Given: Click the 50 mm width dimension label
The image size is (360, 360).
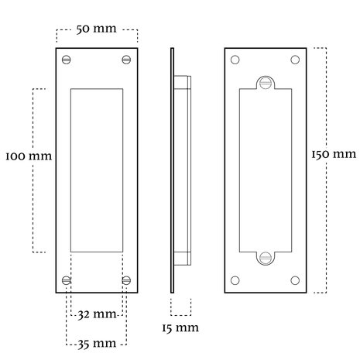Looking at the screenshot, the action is pos(97,29).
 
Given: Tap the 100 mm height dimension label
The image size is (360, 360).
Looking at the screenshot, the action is pos(29,156).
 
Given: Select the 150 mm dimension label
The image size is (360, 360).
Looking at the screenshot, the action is pos(334,154).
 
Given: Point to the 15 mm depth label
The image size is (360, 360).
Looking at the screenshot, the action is pos(180,328).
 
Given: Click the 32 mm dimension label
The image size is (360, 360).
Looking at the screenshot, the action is pos(98,314).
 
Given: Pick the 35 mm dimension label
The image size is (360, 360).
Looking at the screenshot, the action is pos(97,344).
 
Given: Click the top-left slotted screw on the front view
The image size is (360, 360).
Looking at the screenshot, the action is pos(67,60).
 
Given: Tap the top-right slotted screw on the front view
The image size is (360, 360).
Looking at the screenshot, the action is pos(126,60).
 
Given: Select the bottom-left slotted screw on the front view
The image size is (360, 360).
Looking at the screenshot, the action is pos(67,280).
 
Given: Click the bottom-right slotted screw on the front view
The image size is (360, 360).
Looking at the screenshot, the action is pos(126,280).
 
